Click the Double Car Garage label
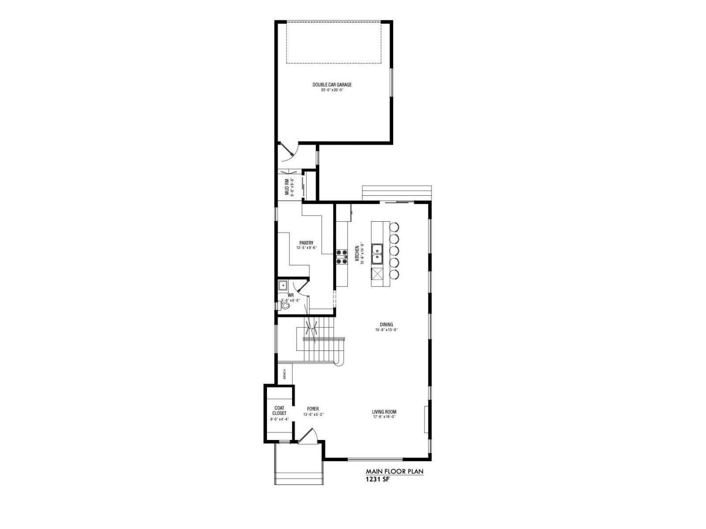(x=332, y=85)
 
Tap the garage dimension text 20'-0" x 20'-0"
(x=332, y=90)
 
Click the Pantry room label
(x=306, y=243)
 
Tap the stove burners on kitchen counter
(x=342, y=257)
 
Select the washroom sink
(x=282, y=285)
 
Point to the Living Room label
(x=384, y=412)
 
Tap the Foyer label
(x=313, y=409)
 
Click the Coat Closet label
(x=279, y=410)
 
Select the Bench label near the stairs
(x=285, y=374)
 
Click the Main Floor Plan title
(x=394, y=471)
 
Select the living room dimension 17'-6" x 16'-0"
(x=384, y=417)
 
